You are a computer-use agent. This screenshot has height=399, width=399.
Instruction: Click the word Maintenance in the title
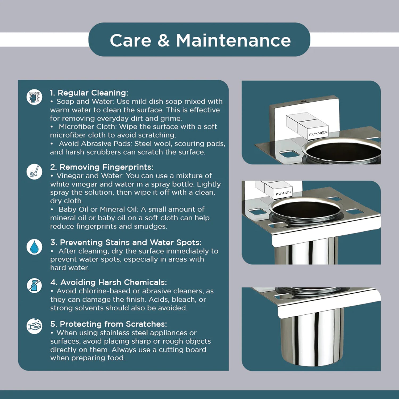(x=233, y=40)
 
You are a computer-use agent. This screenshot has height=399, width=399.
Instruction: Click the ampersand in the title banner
(x=163, y=40)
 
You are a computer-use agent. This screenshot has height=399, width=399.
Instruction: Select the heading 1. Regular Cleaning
(x=89, y=93)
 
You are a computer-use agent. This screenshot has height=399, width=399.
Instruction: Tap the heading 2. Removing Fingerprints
(x=102, y=167)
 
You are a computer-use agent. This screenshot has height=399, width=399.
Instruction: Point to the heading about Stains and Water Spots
(x=126, y=242)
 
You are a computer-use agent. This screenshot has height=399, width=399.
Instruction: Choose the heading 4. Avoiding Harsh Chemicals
(x=109, y=282)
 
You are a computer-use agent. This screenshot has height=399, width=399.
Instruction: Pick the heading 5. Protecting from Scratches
(x=109, y=324)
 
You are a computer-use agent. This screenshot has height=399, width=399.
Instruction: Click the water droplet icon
(x=34, y=247)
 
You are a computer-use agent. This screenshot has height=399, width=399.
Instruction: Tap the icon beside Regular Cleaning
(x=34, y=97)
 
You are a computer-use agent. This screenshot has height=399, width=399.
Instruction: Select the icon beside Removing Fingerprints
(x=34, y=172)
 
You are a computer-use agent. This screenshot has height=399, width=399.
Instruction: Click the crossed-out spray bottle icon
(x=34, y=286)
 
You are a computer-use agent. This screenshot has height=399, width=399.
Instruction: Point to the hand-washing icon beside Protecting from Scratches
(x=34, y=326)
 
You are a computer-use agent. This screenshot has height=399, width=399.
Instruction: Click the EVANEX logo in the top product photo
(x=318, y=133)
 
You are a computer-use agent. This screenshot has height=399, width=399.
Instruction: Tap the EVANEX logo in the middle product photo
(x=283, y=193)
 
